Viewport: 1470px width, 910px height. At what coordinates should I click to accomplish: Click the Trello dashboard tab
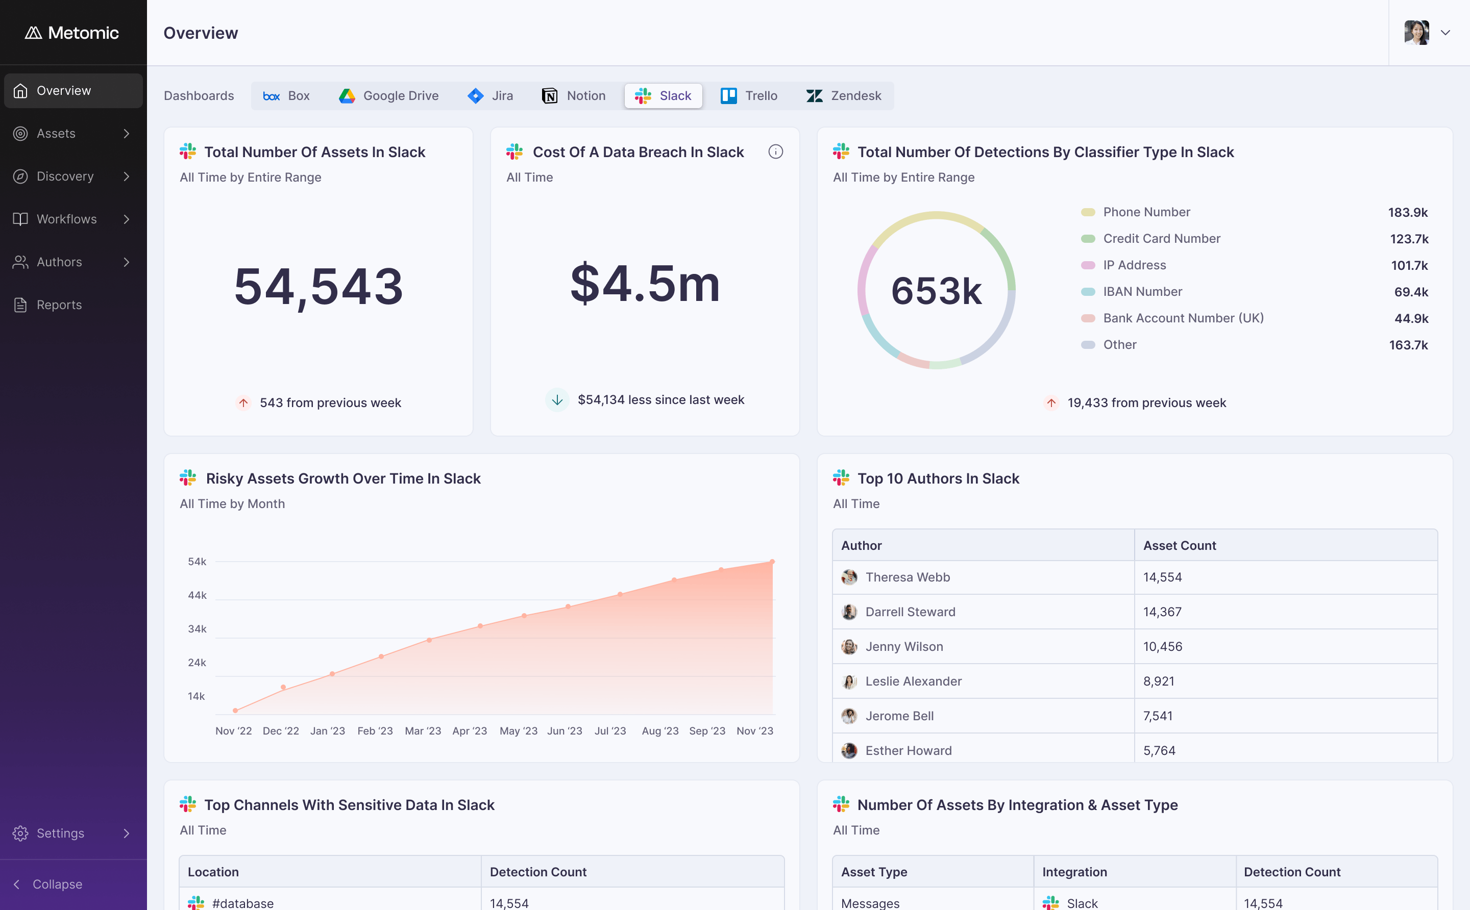coord(749,96)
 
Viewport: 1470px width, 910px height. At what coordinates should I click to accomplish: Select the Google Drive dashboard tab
coord(388,96)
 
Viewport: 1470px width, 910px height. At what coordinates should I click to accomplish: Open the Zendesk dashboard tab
coord(843,96)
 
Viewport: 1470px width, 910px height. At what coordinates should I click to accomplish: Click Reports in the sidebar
coord(58,305)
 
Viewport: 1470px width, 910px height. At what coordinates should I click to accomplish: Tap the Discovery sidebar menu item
coord(65,176)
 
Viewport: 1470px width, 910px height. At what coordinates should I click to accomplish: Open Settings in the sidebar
coord(60,833)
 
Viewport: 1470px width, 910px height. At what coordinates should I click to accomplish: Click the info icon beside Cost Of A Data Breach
coord(776,151)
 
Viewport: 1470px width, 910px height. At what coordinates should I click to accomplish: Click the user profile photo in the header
coord(1416,33)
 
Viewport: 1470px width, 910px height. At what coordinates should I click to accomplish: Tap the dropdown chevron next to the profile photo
coord(1445,33)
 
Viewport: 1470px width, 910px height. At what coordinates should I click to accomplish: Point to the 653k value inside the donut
coord(937,291)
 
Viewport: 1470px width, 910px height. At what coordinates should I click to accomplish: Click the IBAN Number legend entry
coord(1142,292)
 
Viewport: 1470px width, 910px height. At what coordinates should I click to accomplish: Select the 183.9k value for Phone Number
coord(1408,213)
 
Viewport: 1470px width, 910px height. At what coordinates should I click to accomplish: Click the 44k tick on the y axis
coord(197,595)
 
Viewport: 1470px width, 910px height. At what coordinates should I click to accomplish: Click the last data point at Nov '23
coord(772,562)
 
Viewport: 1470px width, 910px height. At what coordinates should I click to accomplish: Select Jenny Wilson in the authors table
coord(904,646)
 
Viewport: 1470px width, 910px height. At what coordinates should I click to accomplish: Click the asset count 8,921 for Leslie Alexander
coord(1159,681)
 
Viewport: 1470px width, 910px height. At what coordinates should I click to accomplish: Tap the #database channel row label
coord(242,903)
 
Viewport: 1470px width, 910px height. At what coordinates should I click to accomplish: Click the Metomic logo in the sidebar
coord(71,33)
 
